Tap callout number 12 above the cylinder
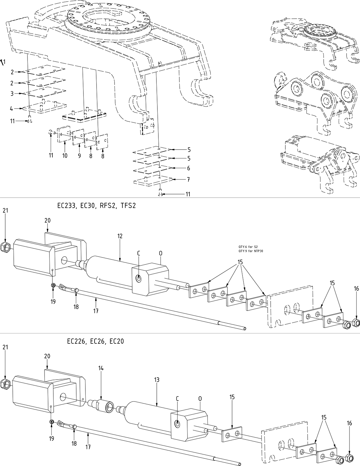[120, 236]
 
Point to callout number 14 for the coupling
[101, 368]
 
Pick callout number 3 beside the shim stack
[12, 94]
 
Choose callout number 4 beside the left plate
[12, 108]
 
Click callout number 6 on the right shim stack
[188, 168]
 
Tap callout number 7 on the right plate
[188, 180]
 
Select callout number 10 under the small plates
[65, 156]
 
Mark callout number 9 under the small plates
[79, 156]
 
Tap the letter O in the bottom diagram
[200, 399]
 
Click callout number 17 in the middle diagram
[96, 311]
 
